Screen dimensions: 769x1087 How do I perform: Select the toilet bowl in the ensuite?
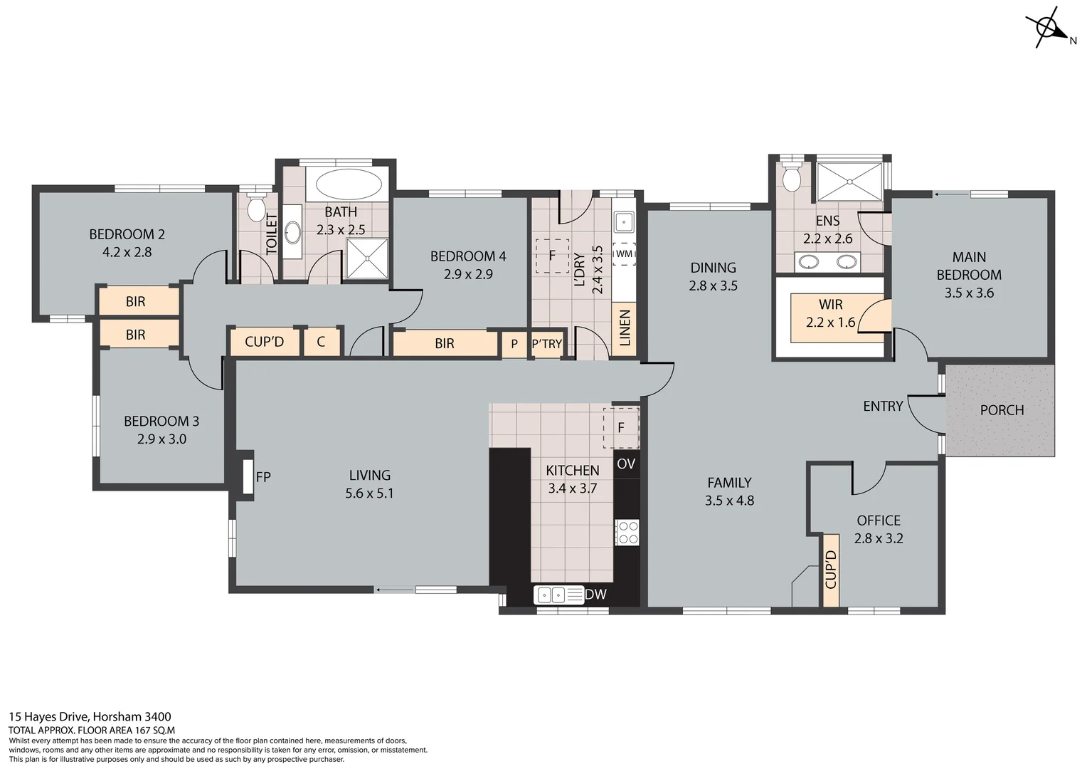point(790,178)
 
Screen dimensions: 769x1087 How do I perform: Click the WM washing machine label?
point(624,253)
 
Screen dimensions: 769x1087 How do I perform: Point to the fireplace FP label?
point(263,477)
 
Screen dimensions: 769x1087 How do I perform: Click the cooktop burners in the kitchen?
point(627,533)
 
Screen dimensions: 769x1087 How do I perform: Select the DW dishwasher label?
point(596,594)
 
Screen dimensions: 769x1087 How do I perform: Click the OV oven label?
point(626,464)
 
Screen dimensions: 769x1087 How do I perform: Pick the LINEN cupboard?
point(625,328)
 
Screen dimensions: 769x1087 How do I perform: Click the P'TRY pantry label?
point(547,344)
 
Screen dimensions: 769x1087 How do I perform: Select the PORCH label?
point(1002,410)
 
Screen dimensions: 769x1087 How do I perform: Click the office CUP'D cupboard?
point(830,570)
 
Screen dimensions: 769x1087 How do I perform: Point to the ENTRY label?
point(883,406)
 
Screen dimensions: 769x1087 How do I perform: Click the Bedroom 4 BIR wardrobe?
point(445,344)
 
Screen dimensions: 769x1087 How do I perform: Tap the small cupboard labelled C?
point(321,342)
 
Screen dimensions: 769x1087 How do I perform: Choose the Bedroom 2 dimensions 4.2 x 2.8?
point(127,252)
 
